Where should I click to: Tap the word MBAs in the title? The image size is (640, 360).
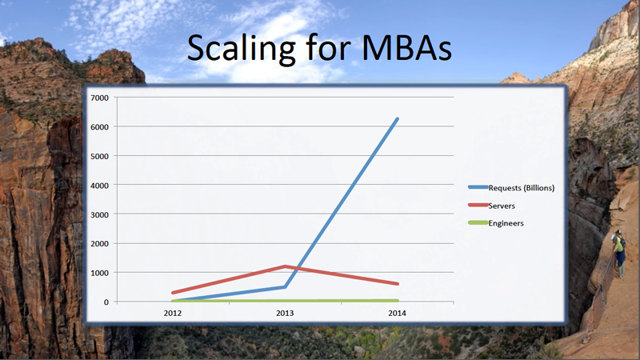406,49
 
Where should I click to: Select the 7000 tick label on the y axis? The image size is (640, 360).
99,98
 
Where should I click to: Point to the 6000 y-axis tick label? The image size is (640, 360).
99,127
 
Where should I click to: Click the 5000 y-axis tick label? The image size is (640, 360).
99,156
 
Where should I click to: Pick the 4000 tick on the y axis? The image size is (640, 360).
99,186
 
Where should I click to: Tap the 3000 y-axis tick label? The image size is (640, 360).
99,214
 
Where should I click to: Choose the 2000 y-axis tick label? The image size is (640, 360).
99,244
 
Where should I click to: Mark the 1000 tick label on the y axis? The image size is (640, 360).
99,273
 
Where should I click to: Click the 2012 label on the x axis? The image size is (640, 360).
173,313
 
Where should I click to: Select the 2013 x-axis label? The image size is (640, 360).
285,313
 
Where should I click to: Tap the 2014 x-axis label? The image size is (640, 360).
397,313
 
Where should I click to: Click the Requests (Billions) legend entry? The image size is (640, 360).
511,188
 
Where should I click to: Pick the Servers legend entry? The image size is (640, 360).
491,206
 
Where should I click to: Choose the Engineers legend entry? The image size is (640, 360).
496,223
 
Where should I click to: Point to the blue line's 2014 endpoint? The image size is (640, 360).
397,119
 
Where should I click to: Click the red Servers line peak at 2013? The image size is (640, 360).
285,266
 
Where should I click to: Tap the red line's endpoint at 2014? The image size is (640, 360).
397,284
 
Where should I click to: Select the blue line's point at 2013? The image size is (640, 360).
285,287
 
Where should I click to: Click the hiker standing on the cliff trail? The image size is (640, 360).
619,254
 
